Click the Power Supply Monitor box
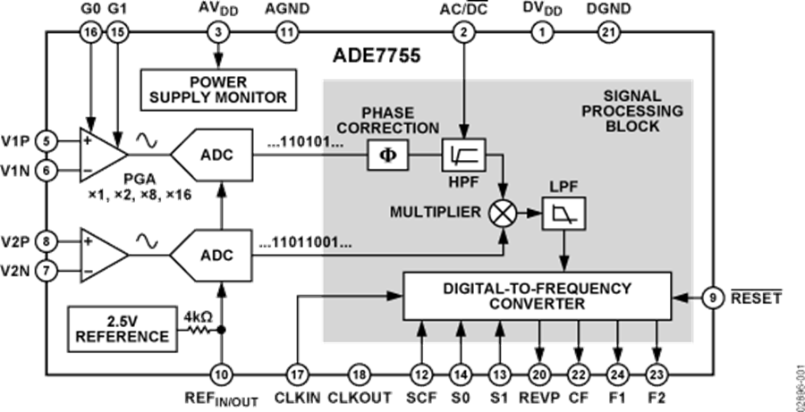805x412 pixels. (x=217, y=89)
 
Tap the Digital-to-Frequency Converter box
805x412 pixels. (x=537, y=296)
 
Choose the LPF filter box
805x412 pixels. (x=563, y=214)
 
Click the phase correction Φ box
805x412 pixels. (x=387, y=156)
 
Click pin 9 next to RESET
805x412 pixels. (x=712, y=297)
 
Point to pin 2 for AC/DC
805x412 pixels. (x=463, y=32)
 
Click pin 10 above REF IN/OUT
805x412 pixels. (x=220, y=374)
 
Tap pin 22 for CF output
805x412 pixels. (x=579, y=374)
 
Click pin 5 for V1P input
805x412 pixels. (x=47, y=141)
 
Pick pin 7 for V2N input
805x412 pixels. (x=47, y=268)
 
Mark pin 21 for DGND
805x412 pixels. (x=607, y=32)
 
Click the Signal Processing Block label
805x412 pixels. (x=631, y=112)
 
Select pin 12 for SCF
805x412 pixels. (x=420, y=374)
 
